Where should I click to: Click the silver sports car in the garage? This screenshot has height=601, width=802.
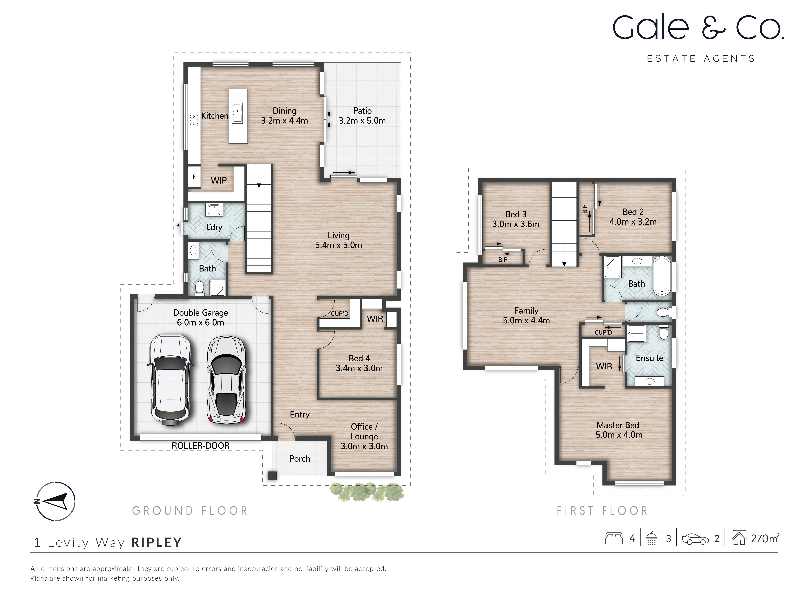pyautogui.click(x=226, y=380)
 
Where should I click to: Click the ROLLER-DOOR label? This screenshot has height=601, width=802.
pyautogui.click(x=200, y=446)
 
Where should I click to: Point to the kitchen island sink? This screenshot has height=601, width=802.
pyautogui.click(x=238, y=113)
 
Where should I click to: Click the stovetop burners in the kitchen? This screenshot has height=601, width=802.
pyautogui.click(x=194, y=120)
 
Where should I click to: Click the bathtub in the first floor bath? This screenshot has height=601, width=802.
pyautogui.click(x=662, y=276)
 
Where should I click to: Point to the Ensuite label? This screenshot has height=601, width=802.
pyautogui.click(x=649, y=358)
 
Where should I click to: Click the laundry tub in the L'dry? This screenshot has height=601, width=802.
pyautogui.click(x=214, y=210)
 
